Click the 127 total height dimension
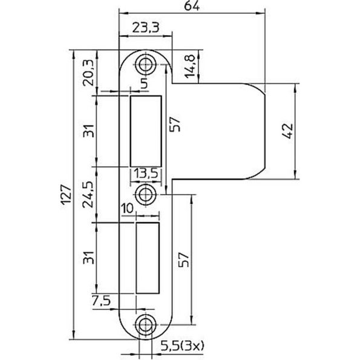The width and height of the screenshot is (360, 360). [67, 195]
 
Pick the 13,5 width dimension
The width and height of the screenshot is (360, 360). [145, 174]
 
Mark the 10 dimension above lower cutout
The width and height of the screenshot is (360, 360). [127, 209]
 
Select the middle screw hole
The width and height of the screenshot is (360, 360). [145, 194]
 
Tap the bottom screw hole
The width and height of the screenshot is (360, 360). [145, 324]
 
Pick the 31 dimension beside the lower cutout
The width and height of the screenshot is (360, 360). [89, 258]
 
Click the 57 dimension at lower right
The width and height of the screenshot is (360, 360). [185, 259]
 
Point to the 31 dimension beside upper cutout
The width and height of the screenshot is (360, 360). [89, 129]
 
